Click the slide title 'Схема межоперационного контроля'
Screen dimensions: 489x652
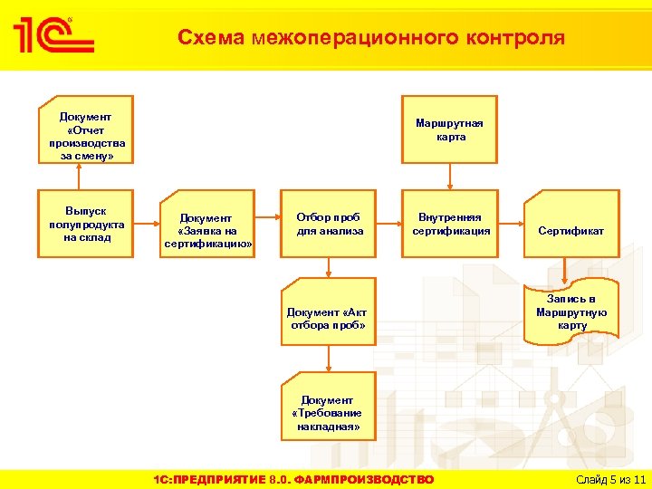[370, 38]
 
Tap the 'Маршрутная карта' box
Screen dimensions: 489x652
[450, 129]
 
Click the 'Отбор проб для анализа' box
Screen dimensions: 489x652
[328, 224]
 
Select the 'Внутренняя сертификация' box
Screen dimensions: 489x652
[450, 224]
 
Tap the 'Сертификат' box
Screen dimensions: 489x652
[570, 231]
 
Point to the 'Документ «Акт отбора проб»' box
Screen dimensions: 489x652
[328, 318]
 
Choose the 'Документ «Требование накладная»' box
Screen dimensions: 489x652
[328, 413]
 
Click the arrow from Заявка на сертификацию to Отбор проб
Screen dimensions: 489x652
[266, 217]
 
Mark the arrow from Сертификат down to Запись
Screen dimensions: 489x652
[564, 272]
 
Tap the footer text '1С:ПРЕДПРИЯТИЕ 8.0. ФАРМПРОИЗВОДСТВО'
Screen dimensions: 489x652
[293, 479]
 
